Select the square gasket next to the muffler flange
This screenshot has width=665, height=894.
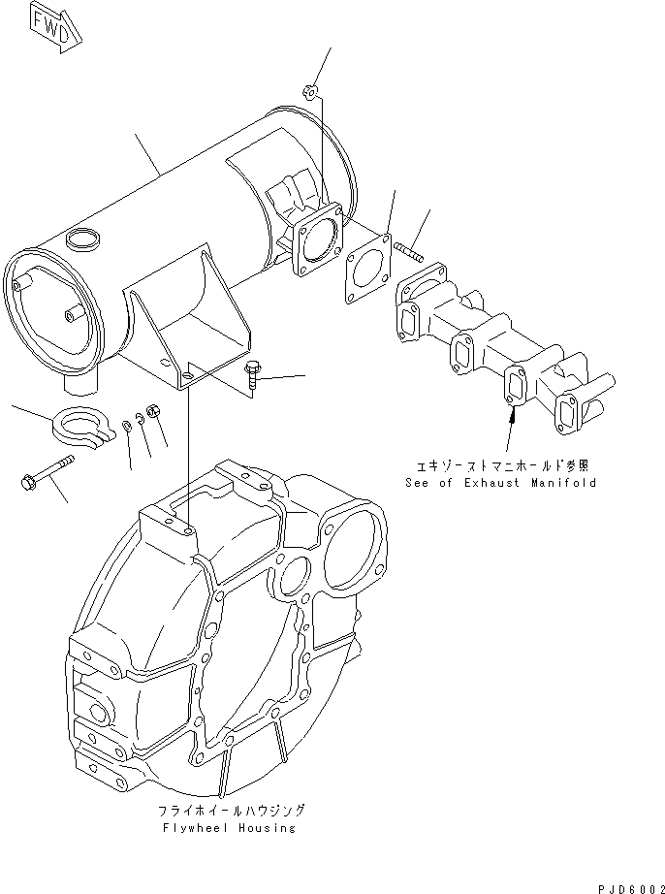pyautogui.click(x=364, y=263)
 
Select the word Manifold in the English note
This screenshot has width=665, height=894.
pyautogui.click(x=565, y=482)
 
